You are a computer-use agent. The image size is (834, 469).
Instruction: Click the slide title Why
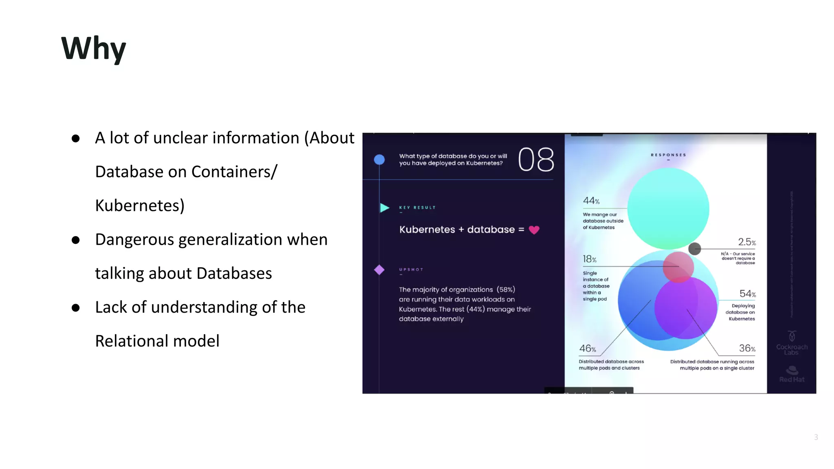pyautogui.click(x=93, y=48)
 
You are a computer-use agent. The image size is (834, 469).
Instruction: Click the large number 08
pyautogui.click(x=536, y=160)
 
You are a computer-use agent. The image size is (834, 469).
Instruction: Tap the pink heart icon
pyautogui.click(x=534, y=230)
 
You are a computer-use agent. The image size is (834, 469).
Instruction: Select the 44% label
pyautogui.click(x=591, y=201)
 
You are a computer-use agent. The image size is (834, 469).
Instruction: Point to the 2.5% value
pyautogui.click(x=747, y=242)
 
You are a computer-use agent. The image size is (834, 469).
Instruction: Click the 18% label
pyautogui.click(x=589, y=259)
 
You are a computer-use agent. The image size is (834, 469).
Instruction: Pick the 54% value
pyautogui.click(x=747, y=294)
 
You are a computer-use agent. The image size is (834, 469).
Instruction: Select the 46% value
pyautogui.click(x=587, y=348)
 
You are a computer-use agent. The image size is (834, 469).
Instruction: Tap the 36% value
pyautogui.click(x=747, y=348)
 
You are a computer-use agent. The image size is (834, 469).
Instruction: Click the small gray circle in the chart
pyautogui.click(x=695, y=248)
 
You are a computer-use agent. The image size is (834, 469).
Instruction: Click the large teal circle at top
pyautogui.click(x=668, y=208)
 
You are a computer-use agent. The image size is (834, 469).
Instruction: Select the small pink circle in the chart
pyautogui.click(x=678, y=267)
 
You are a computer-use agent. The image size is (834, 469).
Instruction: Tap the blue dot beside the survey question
pyautogui.click(x=379, y=160)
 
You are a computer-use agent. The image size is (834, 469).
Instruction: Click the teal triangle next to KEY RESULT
pyautogui.click(x=384, y=208)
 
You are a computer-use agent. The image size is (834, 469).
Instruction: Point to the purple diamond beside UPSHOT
pyautogui.click(x=379, y=270)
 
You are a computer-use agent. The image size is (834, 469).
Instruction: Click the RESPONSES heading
pyautogui.click(x=668, y=155)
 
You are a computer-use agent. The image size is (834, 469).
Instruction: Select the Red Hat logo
pyautogui.click(x=792, y=374)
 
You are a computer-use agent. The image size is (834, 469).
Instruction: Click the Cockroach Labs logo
pyautogui.click(x=792, y=343)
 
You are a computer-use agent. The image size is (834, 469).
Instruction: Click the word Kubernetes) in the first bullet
pyautogui.click(x=140, y=206)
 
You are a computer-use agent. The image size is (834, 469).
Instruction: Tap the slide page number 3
pyautogui.click(x=816, y=437)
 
